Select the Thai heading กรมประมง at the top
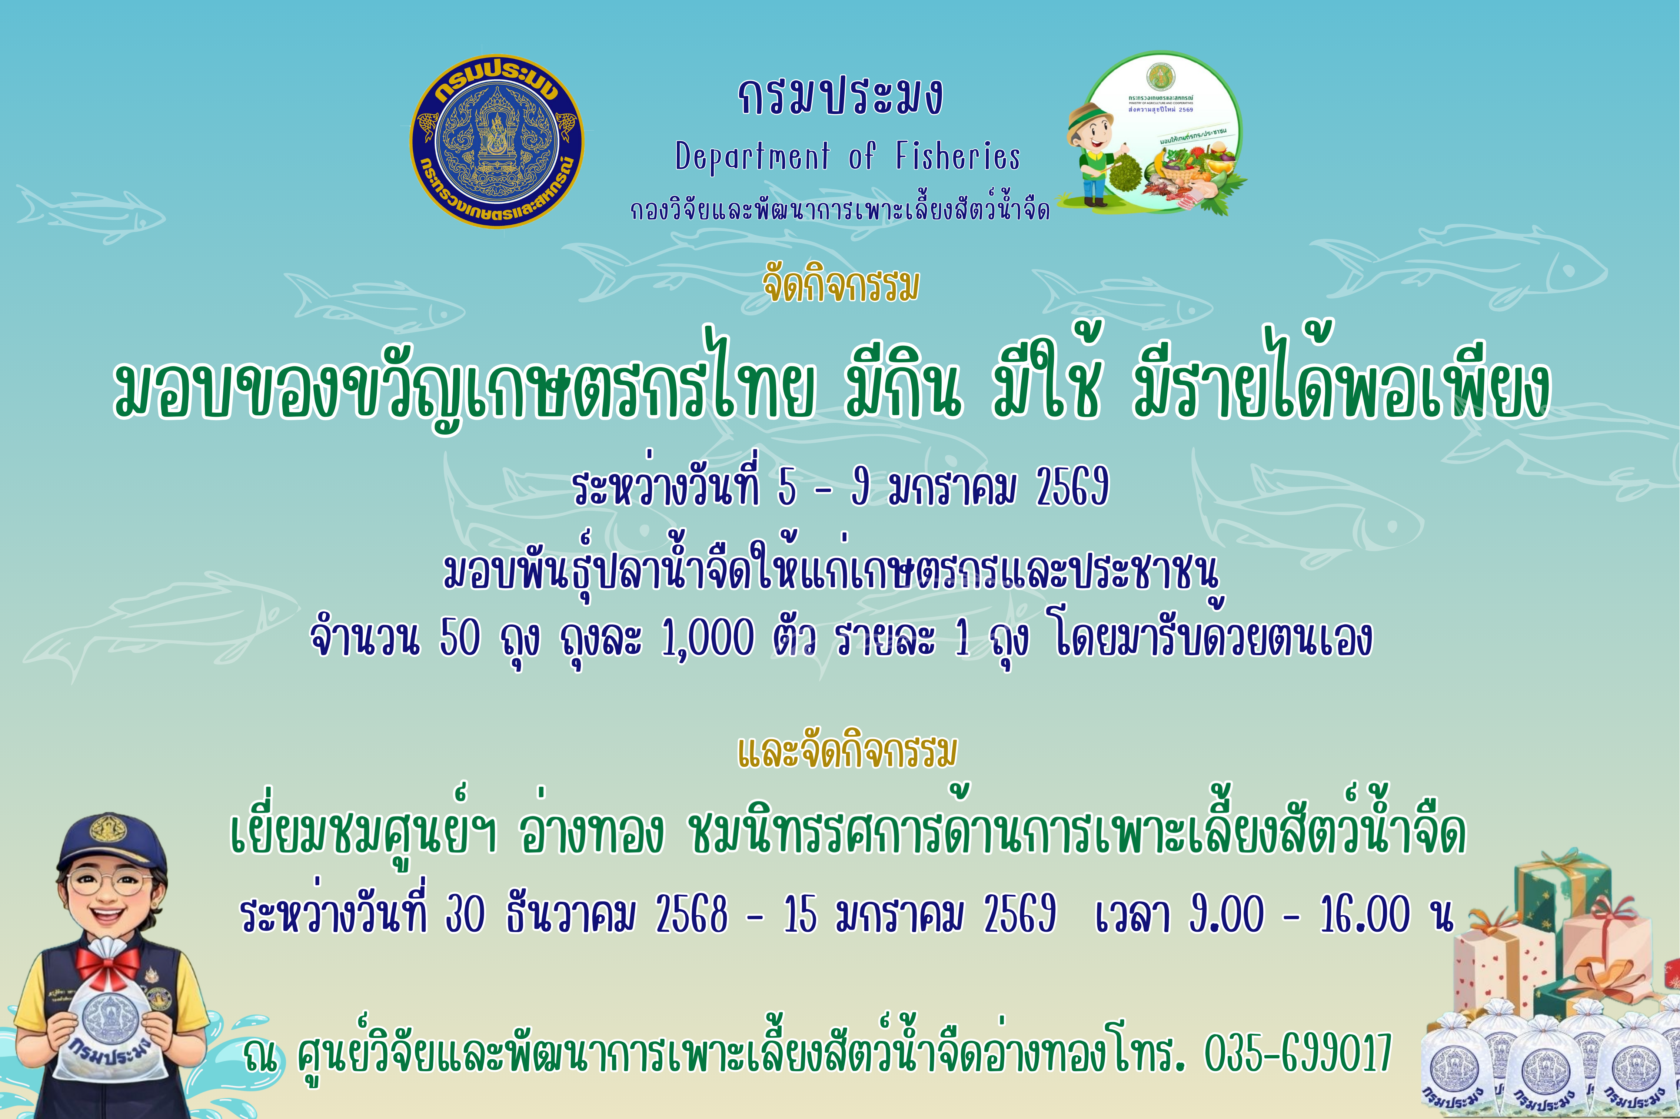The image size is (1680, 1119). click(840, 98)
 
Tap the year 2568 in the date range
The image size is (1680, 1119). click(691, 914)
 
